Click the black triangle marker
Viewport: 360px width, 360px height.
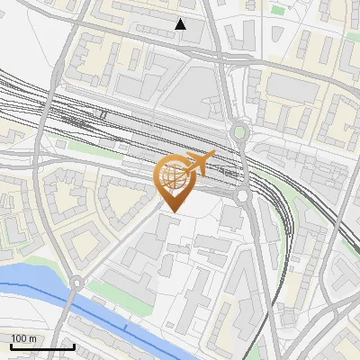pyautogui.click(x=181, y=24)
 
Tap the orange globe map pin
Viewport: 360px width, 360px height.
pyautogui.click(x=173, y=180)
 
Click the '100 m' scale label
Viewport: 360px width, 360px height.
pyautogui.click(x=24, y=337)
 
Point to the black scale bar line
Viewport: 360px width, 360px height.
pyautogui.click(x=42, y=346)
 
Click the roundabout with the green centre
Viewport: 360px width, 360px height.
pyautogui.click(x=238, y=134)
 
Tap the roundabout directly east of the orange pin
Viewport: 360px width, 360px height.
pyautogui.click(x=242, y=195)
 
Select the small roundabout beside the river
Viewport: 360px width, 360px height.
pyautogui.click(x=77, y=282)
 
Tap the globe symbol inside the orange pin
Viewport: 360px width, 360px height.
pyautogui.click(x=173, y=175)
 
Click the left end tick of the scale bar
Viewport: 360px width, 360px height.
pyautogui.click(x=11, y=345)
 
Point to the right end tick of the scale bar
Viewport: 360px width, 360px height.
pyautogui.click(x=74, y=345)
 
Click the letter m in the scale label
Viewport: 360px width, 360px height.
pyautogui.click(x=32, y=337)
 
